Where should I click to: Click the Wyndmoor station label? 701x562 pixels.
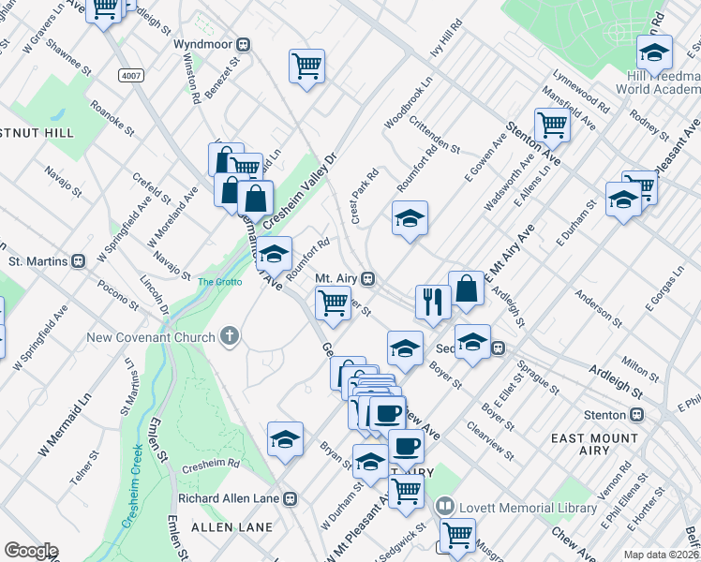[203, 44]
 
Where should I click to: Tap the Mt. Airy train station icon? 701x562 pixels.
[369, 278]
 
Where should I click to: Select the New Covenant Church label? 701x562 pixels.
[152, 337]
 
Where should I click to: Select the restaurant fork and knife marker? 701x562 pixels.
[432, 302]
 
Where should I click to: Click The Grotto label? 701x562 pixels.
[218, 280]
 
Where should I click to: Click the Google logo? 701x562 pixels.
[31, 551]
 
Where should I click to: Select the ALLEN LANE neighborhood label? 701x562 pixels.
[217, 528]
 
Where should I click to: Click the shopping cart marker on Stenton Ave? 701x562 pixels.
[553, 125]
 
